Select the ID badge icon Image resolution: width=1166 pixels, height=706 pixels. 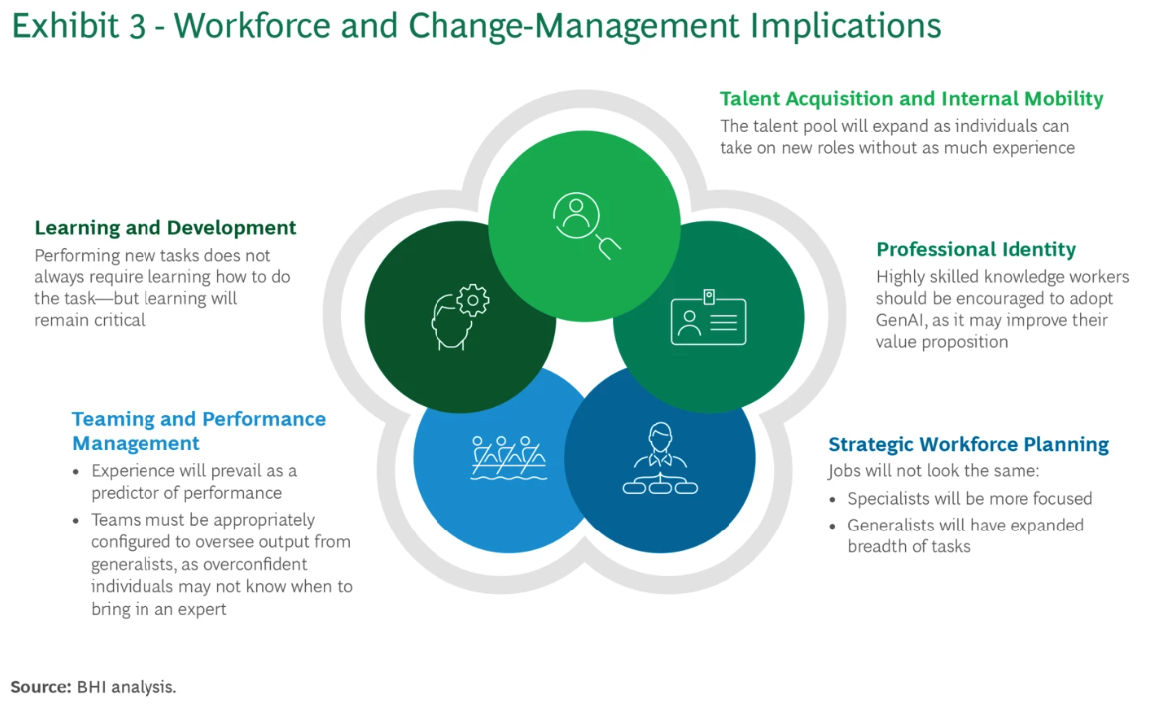pos(708,318)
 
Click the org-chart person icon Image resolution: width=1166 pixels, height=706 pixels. pos(660,460)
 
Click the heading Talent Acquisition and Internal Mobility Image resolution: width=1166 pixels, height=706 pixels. pos(911,99)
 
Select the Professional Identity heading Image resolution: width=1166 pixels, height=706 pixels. pos(976,249)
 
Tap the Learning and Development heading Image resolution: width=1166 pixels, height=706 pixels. pos(165,228)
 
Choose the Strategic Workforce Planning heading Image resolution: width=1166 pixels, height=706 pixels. pos(969,444)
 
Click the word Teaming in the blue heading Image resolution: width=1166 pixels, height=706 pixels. pos(112,419)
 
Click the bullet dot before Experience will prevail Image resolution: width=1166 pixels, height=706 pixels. pos(77,471)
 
